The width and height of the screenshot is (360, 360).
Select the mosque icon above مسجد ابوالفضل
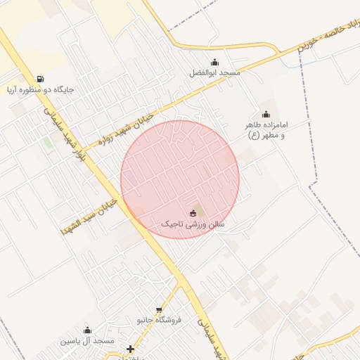214,62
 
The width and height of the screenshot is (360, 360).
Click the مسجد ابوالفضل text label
214,73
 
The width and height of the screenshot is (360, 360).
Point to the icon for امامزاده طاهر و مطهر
266,115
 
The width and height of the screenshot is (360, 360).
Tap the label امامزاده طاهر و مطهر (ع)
266,130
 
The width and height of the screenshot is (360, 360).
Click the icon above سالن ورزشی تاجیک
193,212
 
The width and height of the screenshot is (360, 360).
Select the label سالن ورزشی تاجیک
193,224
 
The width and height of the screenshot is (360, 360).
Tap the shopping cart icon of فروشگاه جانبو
159,309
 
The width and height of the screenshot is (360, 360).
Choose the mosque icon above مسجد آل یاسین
88,330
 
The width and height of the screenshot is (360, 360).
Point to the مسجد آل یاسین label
87,341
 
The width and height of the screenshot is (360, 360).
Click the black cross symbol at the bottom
130,349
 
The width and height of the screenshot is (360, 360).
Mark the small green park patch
47,143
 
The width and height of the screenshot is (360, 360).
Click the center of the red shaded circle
180,179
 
